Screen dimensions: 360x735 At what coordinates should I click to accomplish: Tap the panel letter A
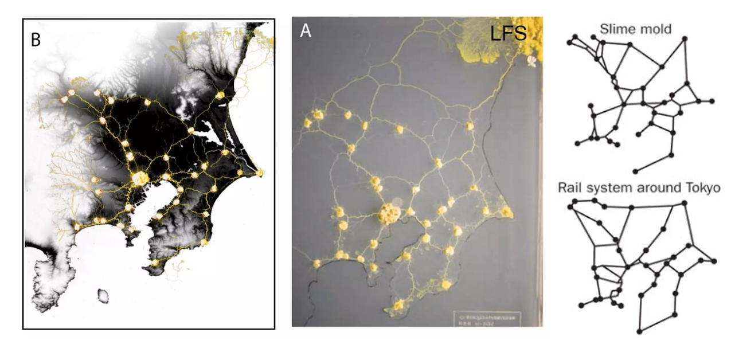pyautogui.click(x=306, y=31)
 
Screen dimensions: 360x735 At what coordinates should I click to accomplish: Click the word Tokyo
pyautogui.click(x=702, y=187)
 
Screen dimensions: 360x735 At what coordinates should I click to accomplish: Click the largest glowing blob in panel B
pyautogui.click(x=140, y=178)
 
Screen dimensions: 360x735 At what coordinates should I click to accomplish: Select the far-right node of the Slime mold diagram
pyautogui.click(x=711, y=101)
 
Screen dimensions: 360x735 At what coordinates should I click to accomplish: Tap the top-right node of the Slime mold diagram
pyautogui.click(x=684, y=39)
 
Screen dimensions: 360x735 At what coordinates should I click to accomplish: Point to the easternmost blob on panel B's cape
pyautogui.click(x=260, y=172)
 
